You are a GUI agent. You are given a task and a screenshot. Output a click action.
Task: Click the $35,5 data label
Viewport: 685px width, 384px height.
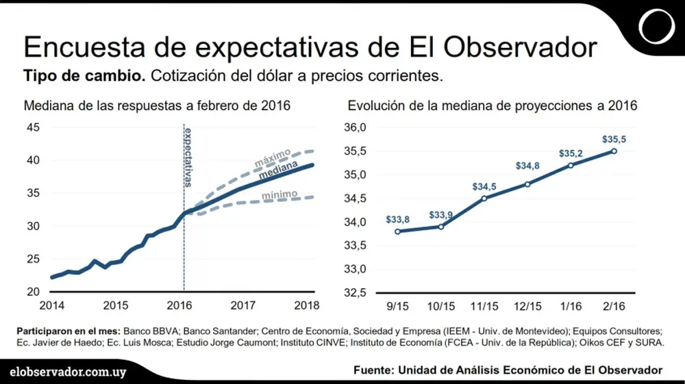613,139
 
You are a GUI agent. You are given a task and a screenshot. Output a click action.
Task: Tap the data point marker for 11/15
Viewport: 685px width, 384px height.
484,199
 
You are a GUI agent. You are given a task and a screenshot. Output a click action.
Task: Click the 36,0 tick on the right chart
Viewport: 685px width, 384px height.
356,127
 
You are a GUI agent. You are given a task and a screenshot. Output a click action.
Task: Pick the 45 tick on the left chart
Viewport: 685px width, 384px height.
33,127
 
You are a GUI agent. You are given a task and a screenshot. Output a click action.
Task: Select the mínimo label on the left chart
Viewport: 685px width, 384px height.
279,195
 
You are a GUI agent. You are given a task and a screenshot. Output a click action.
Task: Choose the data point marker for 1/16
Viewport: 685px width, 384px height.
571,165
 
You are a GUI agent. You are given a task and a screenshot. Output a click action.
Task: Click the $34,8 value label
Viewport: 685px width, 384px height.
527,167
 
